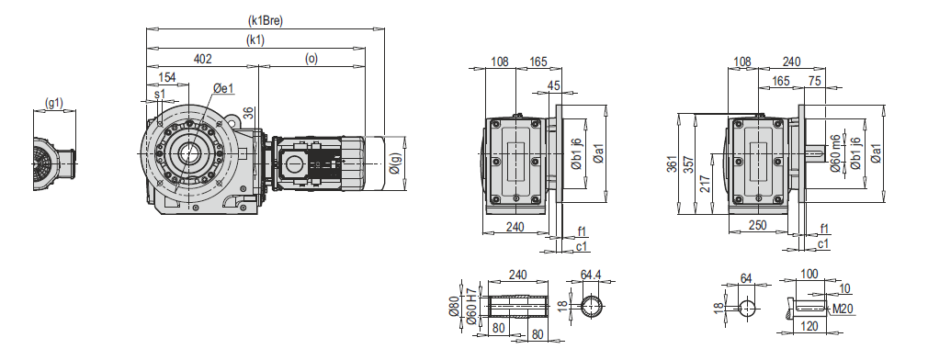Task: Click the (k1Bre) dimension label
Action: (266, 21)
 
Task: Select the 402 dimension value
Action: (202, 59)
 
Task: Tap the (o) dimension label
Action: (311, 59)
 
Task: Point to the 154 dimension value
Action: (167, 77)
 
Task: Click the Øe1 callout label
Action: (223, 89)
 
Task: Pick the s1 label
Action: (160, 94)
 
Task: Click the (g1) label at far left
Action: (54, 104)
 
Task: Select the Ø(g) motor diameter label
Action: (396, 166)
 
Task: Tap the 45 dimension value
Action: (553, 85)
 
